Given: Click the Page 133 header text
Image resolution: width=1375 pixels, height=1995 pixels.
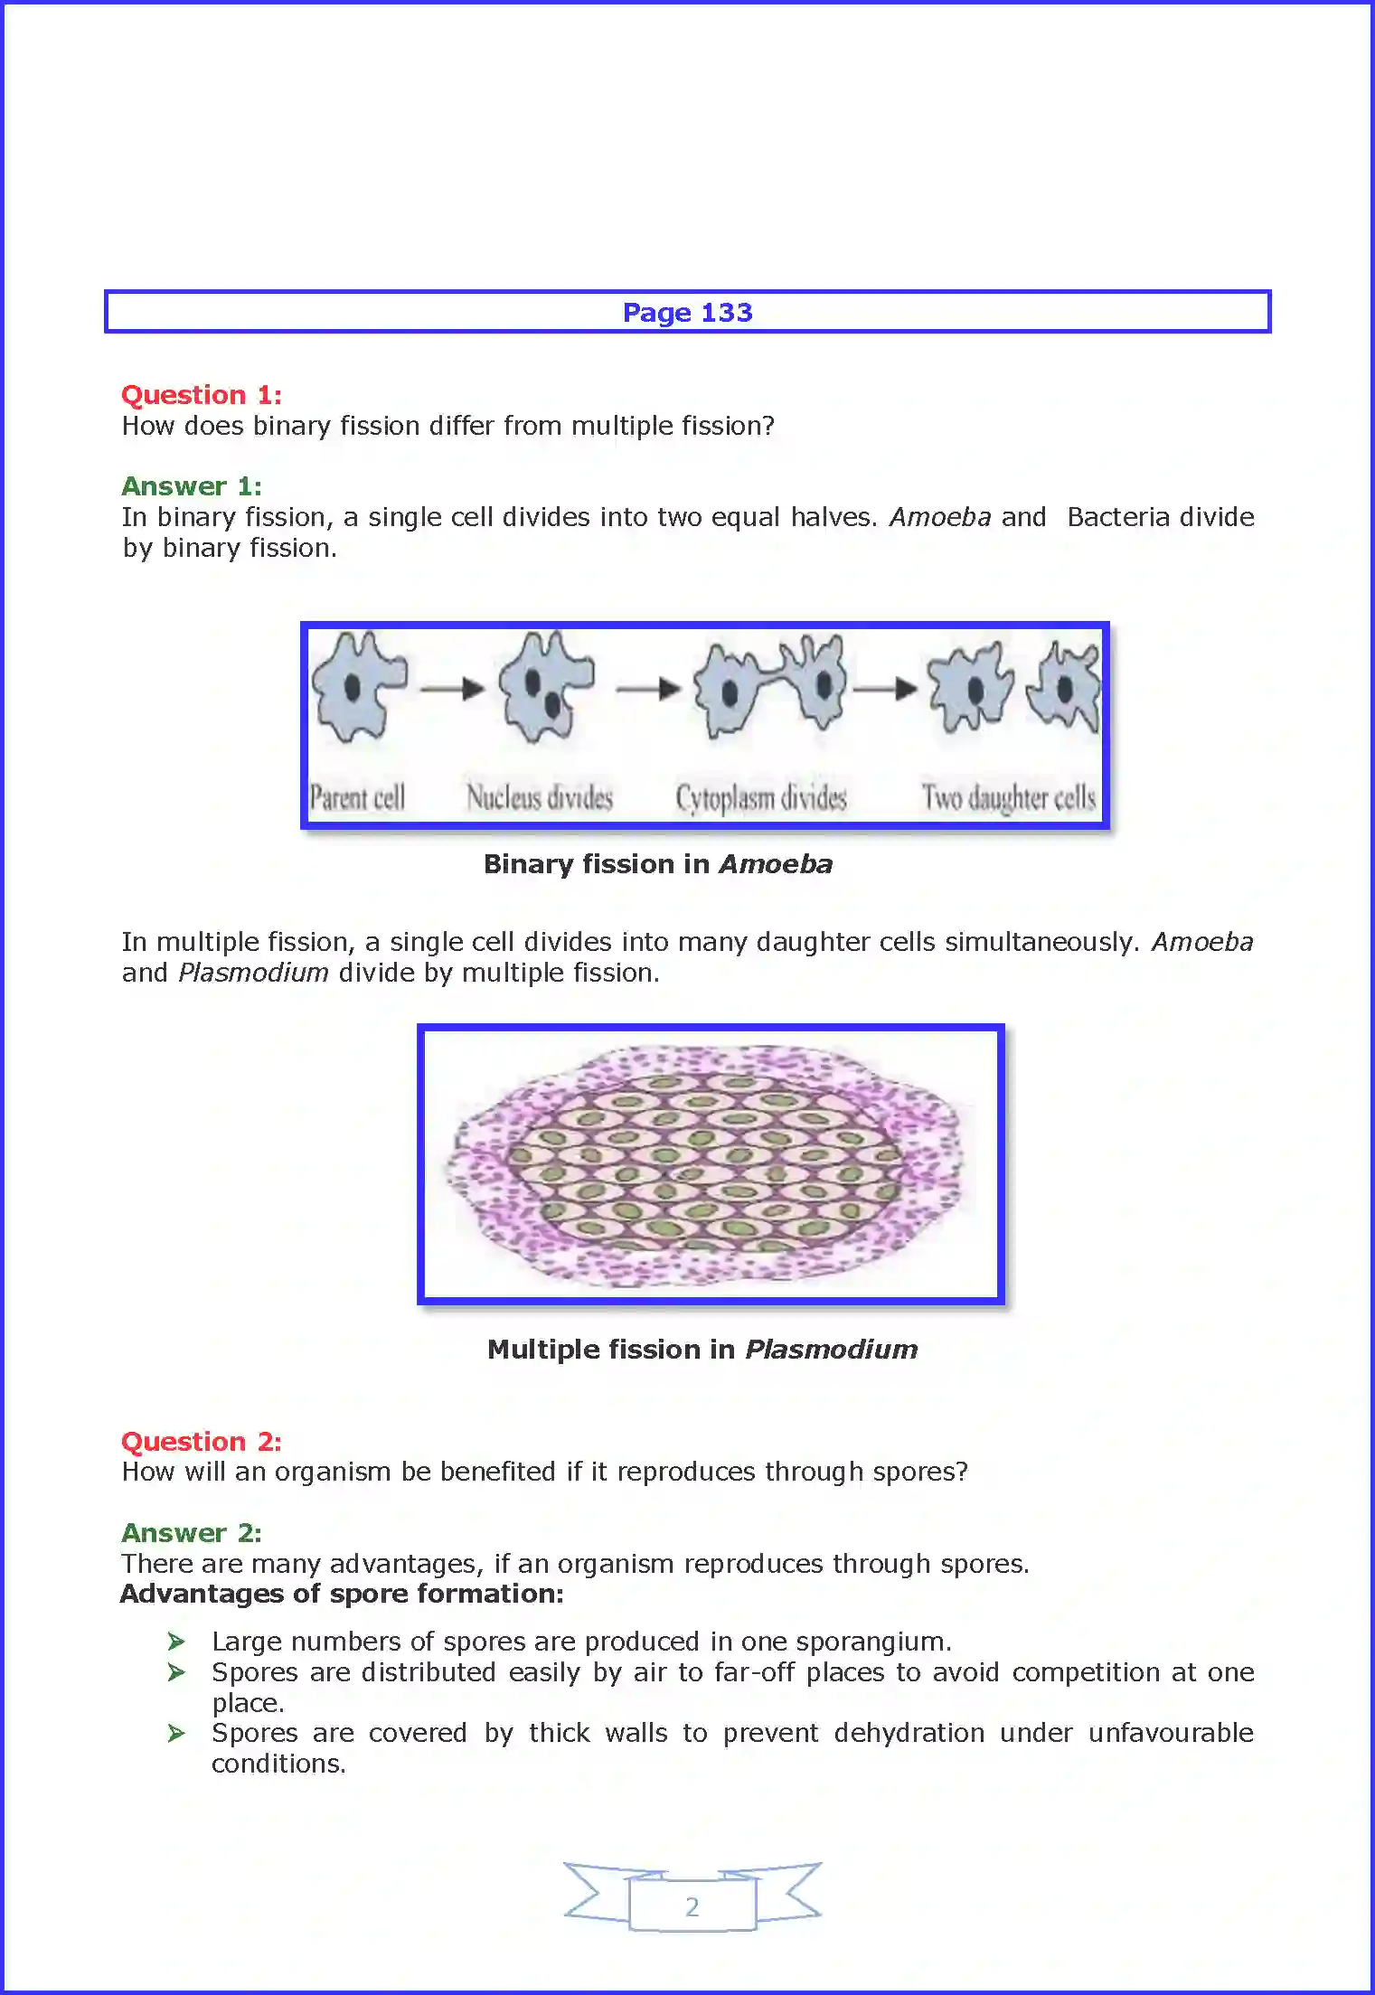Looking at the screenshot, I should tap(687, 313).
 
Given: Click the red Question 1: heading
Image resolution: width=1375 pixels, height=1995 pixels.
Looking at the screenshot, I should tap(201, 395).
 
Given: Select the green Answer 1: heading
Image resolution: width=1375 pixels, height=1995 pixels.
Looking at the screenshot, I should tap(192, 486).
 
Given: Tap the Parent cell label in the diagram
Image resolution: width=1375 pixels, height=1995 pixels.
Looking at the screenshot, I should tap(356, 798).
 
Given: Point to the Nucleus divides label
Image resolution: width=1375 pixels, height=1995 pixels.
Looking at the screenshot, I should tap(540, 798).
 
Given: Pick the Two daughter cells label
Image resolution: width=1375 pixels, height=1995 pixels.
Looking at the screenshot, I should tap(1008, 798).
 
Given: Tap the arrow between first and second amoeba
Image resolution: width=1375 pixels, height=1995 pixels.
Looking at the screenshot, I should tap(453, 689).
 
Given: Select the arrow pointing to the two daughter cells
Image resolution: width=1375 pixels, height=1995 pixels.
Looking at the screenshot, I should tap(886, 689).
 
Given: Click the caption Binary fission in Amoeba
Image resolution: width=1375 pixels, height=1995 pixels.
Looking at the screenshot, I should tap(657, 864).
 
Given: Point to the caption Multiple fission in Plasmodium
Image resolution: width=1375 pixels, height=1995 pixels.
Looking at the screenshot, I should tap(702, 1350).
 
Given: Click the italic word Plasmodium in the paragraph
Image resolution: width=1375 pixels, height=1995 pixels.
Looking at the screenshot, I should tap(253, 973).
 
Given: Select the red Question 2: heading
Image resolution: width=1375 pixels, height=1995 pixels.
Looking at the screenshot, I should tap(201, 1441).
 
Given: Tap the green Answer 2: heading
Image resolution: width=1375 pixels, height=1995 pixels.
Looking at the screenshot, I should tap(192, 1533).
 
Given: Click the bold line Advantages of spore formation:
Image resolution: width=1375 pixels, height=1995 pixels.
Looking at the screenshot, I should tap(342, 1594).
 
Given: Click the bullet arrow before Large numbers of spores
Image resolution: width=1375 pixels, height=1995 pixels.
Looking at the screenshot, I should tap(176, 1642).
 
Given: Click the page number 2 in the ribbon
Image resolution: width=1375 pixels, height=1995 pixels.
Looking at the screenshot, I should tap(692, 1906).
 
